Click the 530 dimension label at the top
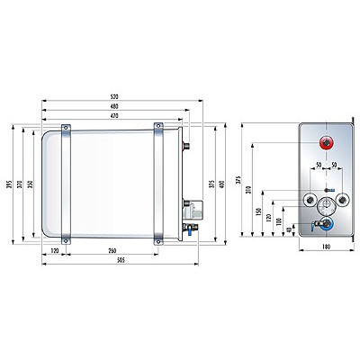(113, 97)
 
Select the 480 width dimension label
(113, 106)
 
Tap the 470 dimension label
(113, 115)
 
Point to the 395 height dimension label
(9, 184)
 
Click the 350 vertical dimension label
(30, 184)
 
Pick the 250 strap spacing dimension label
(112, 251)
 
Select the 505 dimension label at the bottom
(121, 260)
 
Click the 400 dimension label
(221, 184)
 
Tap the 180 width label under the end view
(326, 247)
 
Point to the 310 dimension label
(248, 190)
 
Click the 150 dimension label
(258, 211)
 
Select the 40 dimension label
(289, 229)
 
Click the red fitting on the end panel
(327, 143)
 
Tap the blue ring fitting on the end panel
(326, 224)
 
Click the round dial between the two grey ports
(326, 206)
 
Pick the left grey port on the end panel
(309, 200)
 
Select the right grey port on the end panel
(343, 200)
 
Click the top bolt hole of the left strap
(66, 127)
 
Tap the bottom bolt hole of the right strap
(158, 241)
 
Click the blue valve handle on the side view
(189, 231)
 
